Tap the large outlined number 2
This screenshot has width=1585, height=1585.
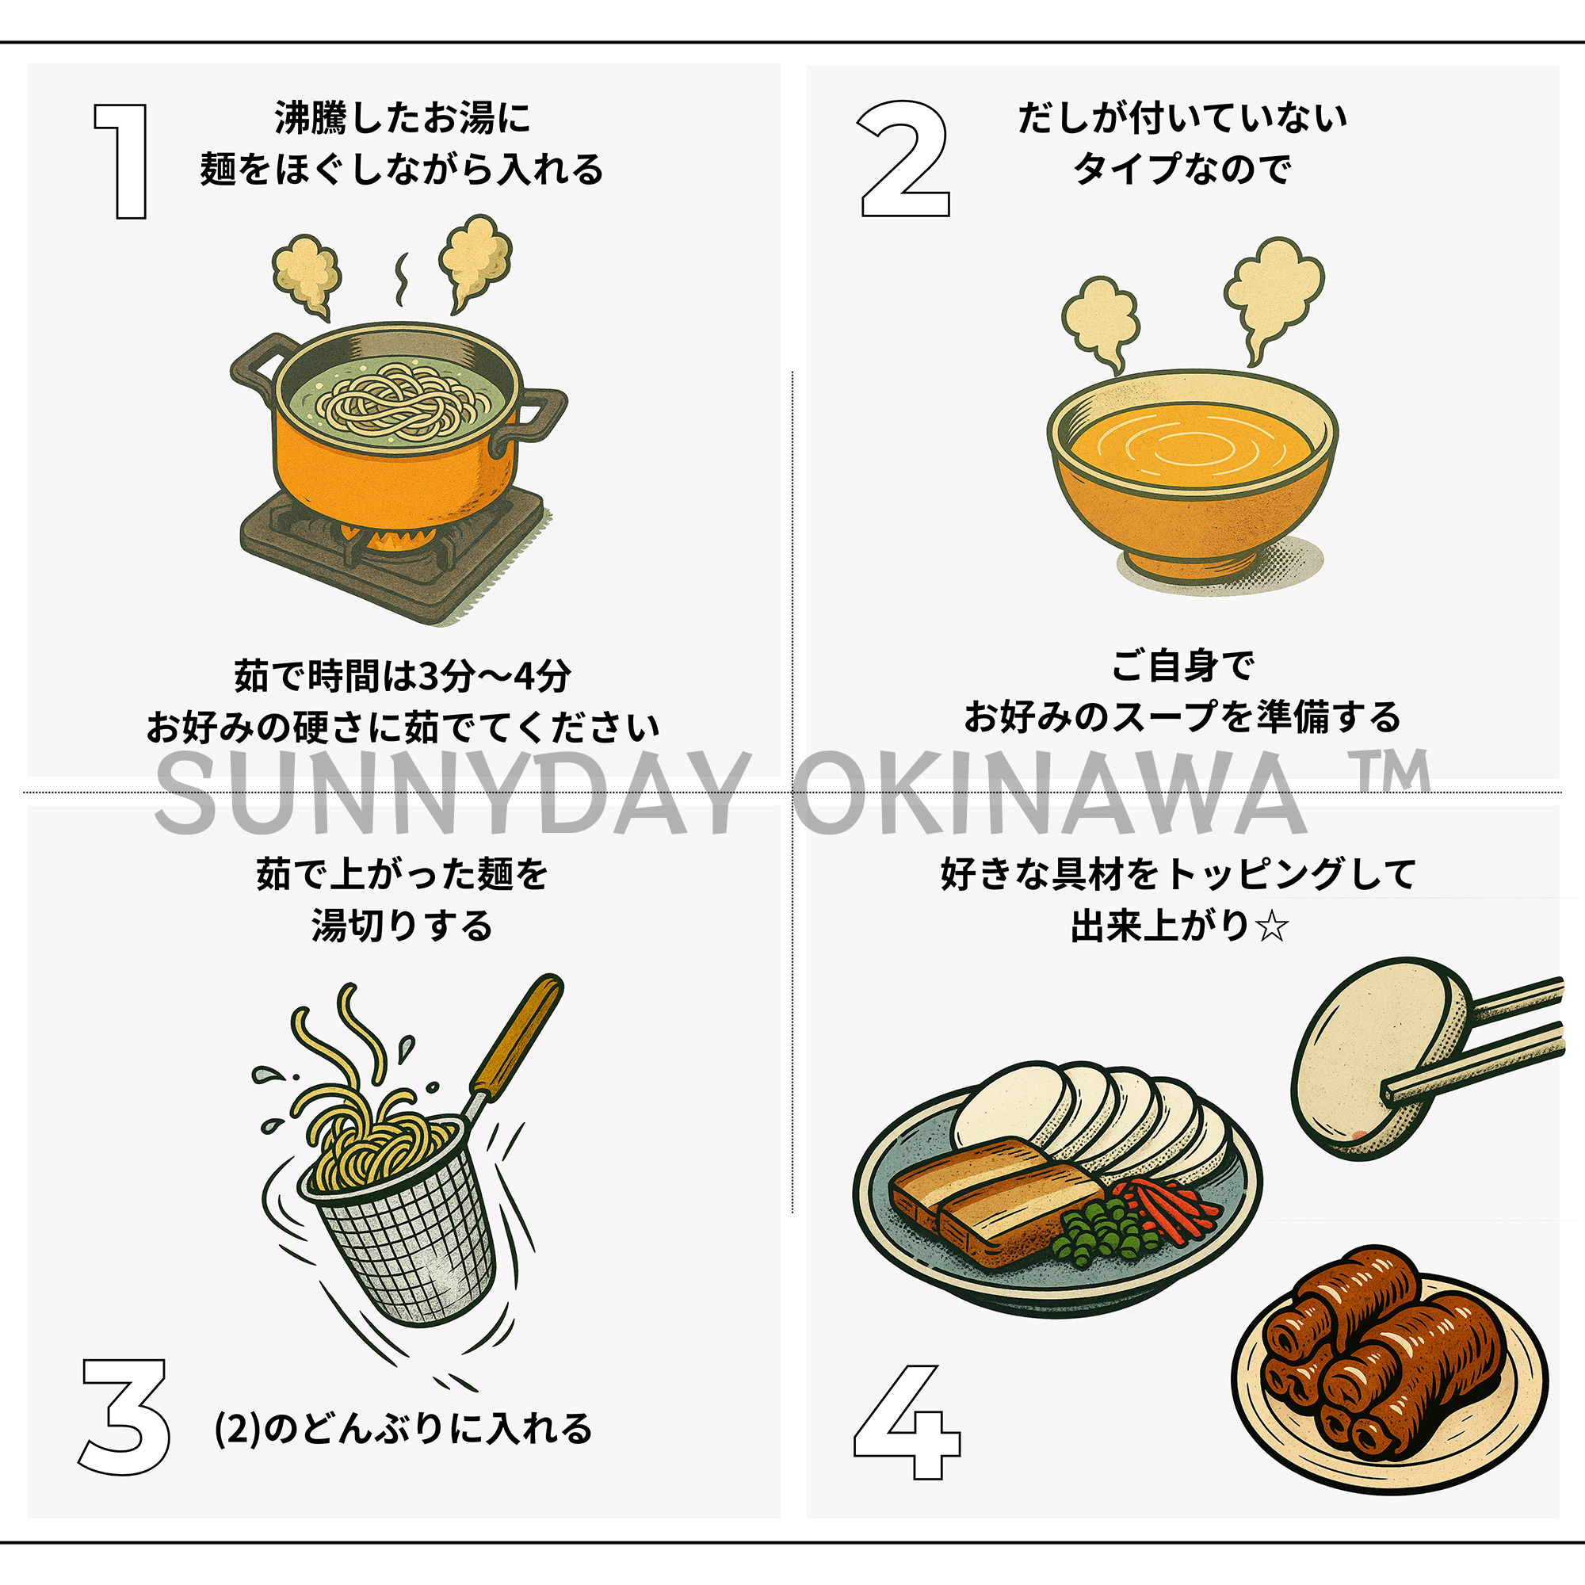pyautogui.click(x=904, y=159)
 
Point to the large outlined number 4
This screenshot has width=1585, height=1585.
pyautogui.click(x=907, y=1423)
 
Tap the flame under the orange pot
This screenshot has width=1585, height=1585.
pyautogui.click(x=392, y=538)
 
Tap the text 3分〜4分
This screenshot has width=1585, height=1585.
pyautogui.click(x=494, y=676)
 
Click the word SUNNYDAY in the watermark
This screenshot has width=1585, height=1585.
pyautogui.click(x=449, y=794)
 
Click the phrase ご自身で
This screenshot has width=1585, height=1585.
pyautogui.click(x=1182, y=665)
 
